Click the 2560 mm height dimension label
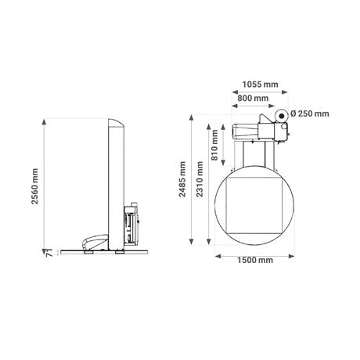(x=34, y=186)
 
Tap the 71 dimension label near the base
(x=49, y=254)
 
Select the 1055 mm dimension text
(x=260, y=85)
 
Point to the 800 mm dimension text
(x=253, y=99)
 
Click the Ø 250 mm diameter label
(x=310, y=113)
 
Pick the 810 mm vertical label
(x=214, y=145)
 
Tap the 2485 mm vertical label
(x=182, y=179)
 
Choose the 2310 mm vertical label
(x=200, y=179)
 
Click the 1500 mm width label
(x=255, y=260)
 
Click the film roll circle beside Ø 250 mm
(x=281, y=115)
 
